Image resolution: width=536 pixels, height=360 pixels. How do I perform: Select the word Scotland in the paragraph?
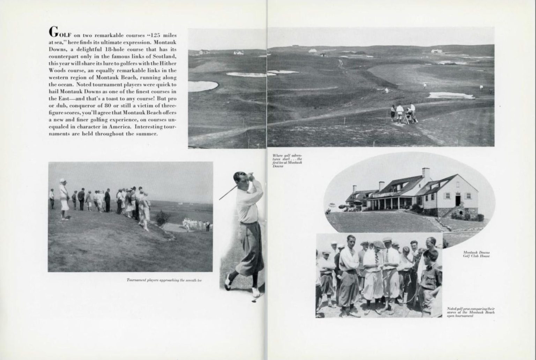click(164, 57)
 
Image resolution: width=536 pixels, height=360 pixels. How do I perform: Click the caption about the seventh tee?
click(164, 280)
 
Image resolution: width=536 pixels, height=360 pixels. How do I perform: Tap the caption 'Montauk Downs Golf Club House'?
click(476, 254)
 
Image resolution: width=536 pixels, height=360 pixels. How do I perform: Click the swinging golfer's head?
click(239, 180)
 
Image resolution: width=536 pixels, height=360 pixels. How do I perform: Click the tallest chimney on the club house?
click(425, 173)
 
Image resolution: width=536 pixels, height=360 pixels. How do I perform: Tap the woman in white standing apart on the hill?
click(64, 200)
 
